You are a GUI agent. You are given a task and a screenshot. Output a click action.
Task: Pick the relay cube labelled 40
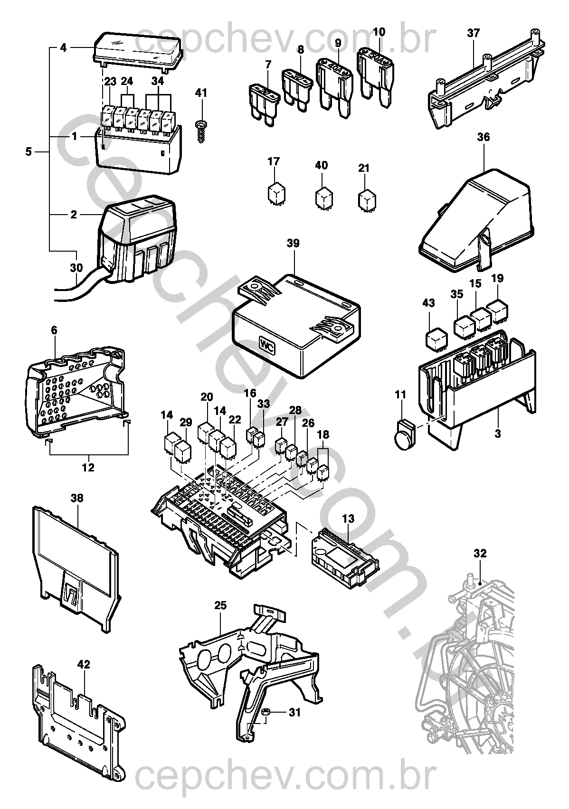tap(323, 198)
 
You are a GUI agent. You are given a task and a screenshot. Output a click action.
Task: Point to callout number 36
tap(484, 137)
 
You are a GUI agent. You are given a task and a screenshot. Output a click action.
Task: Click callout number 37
tap(474, 33)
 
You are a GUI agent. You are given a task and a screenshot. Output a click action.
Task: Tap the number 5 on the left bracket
tap(28, 152)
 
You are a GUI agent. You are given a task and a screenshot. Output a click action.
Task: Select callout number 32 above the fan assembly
tap(480, 553)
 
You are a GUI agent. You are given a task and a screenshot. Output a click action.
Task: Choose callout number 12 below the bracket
tap(88, 467)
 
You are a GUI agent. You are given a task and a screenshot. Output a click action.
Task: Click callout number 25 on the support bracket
tap(220, 605)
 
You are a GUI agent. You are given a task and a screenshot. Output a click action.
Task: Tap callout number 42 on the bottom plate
tap(84, 665)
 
